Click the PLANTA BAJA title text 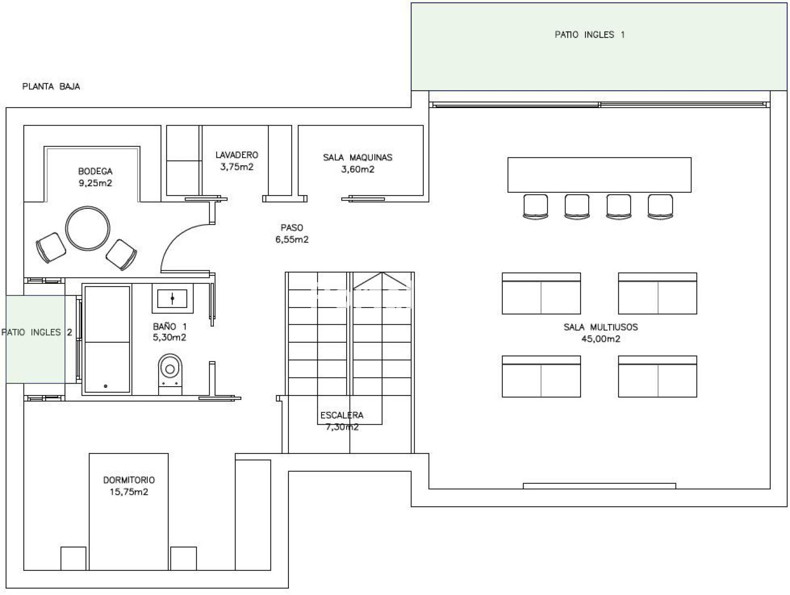point(51,86)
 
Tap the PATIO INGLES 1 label point(589,35)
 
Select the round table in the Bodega point(88,228)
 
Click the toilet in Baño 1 point(170,374)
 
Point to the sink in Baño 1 point(173,298)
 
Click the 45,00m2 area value point(601,339)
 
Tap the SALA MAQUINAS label point(357,157)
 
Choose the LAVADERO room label point(237,155)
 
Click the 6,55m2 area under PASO point(292,240)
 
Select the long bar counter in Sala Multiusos point(599,175)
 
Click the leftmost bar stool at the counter point(535,207)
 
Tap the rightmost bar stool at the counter point(660,207)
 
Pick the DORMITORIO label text point(129,480)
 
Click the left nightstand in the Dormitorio point(73,558)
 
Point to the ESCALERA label point(342,415)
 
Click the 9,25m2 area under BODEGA point(95,183)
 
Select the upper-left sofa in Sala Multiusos point(541,293)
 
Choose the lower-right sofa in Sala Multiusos point(658,376)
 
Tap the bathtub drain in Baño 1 point(105,386)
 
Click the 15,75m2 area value point(129,492)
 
